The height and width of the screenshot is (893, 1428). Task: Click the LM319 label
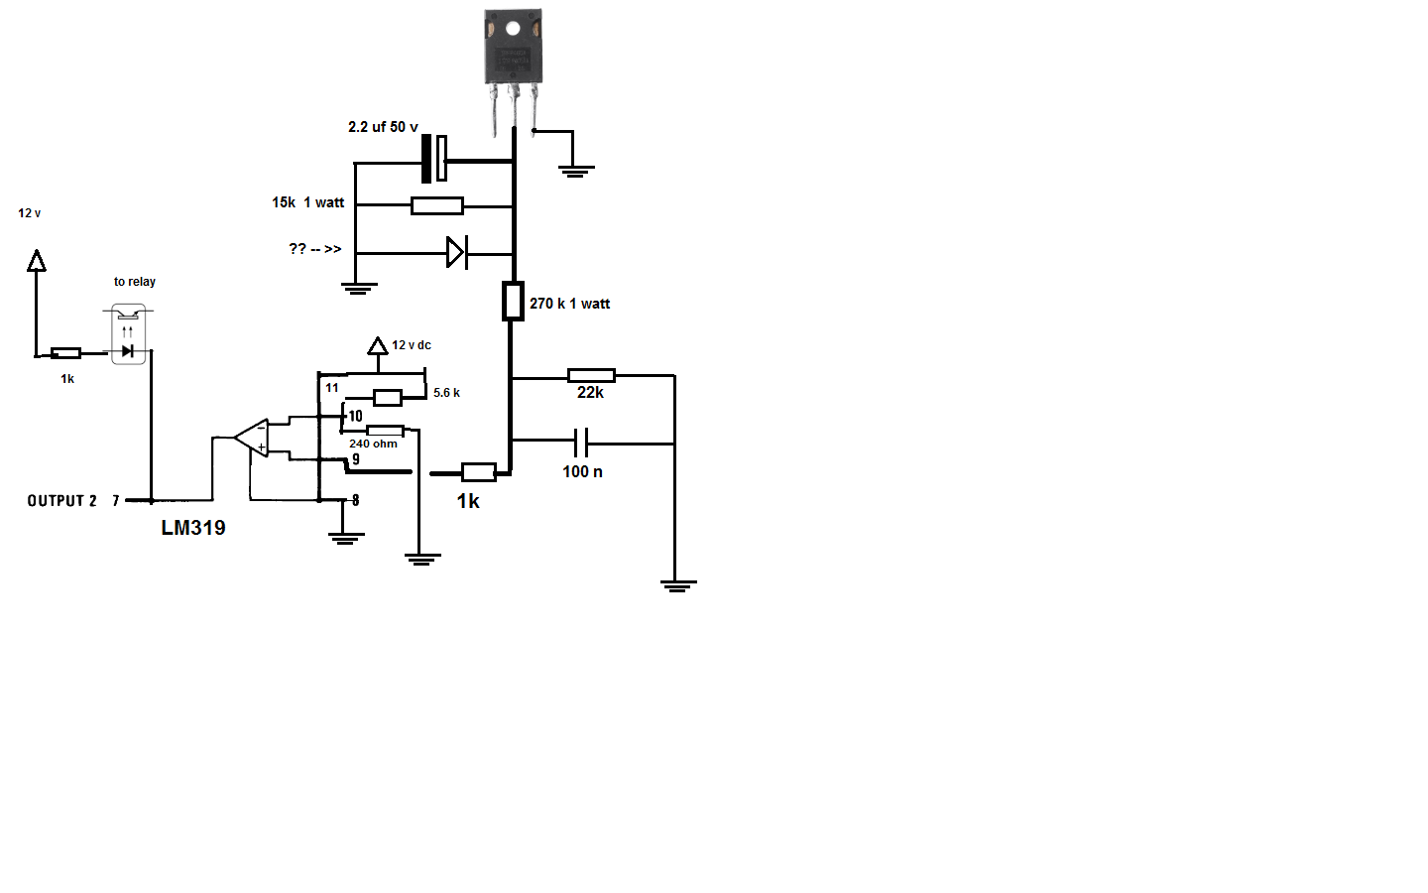[193, 528]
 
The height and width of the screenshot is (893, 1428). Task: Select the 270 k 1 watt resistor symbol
[513, 301]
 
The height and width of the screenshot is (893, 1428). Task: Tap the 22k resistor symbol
[591, 376]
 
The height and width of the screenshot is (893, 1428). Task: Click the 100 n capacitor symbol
[581, 443]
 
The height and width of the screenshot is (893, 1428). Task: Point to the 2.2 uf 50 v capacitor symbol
[434, 159]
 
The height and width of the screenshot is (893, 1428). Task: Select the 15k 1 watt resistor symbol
[436, 205]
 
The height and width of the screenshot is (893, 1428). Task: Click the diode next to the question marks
[457, 253]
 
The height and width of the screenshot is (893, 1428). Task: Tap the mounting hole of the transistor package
[513, 29]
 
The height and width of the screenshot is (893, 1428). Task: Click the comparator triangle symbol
[251, 439]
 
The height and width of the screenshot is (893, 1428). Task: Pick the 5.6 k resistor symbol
[387, 398]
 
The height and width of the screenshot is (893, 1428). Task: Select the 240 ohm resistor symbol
[385, 431]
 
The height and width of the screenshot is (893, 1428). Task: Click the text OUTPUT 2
[61, 501]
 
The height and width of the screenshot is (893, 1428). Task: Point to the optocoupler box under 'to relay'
[128, 334]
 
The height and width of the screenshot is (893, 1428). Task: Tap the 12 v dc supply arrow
[378, 346]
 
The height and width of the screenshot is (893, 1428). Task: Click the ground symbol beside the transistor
[576, 171]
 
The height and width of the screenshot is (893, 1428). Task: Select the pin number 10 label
[355, 417]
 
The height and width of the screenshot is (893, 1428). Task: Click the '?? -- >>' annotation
[315, 249]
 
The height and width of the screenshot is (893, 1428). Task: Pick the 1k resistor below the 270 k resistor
[478, 472]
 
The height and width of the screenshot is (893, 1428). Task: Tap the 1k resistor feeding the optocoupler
[65, 353]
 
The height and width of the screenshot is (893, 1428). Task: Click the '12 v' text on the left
[30, 213]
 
